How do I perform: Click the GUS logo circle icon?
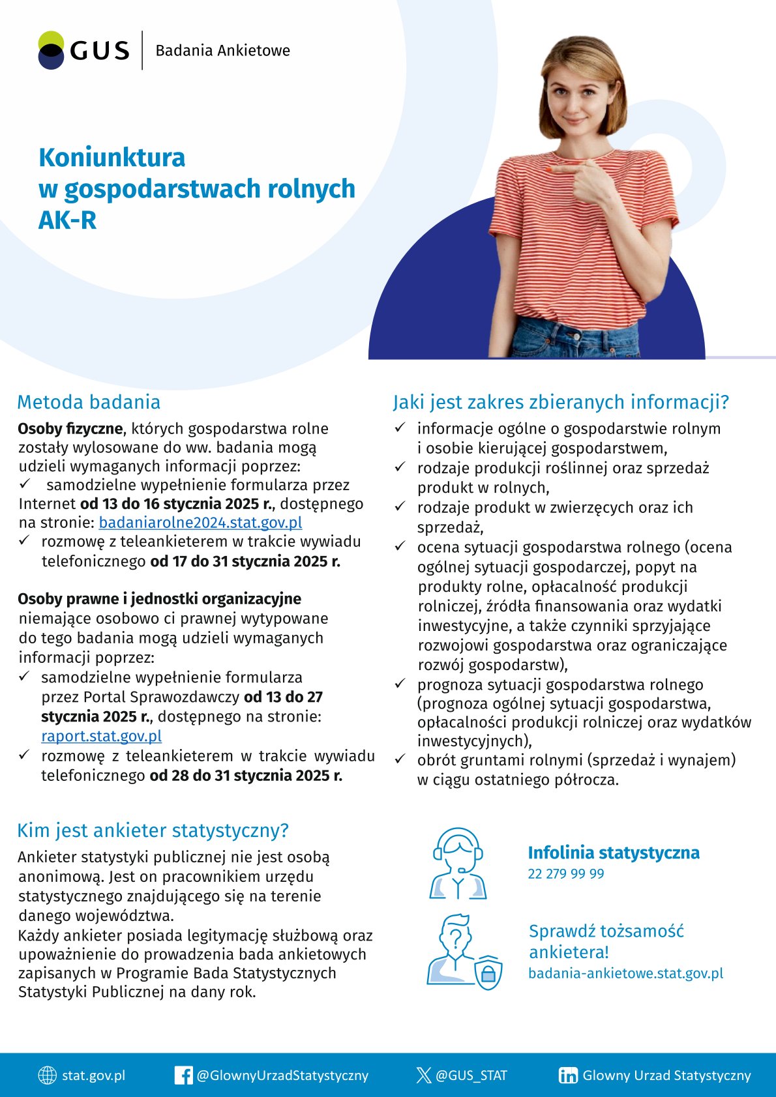pyautogui.click(x=51, y=50)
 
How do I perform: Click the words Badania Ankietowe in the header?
pyautogui.click(x=222, y=51)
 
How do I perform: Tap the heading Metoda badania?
pyautogui.click(x=89, y=402)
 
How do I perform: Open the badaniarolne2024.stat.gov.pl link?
pyautogui.click(x=200, y=523)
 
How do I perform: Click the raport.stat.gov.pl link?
pyautogui.click(x=101, y=737)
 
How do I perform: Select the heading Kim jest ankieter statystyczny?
pyautogui.click(x=153, y=830)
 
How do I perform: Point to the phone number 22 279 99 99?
pyautogui.click(x=565, y=874)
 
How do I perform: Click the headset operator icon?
pyautogui.click(x=458, y=864)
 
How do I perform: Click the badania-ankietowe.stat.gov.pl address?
pyautogui.click(x=625, y=974)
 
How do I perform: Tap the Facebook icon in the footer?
pyautogui.click(x=183, y=1075)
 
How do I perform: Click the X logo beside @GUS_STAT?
pyautogui.click(x=424, y=1075)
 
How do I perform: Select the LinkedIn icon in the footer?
pyautogui.click(x=567, y=1075)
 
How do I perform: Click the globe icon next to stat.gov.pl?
pyautogui.click(x=48, y=1075)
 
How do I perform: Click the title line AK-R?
pyautogui.click(x=67, y=220)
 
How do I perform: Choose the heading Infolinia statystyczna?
pyautogui.click(x=613, y=853)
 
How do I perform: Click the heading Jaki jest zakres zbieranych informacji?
pyautogui.click(x=560, y=402)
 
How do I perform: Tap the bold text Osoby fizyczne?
pyautogui.click(x=70, y=429)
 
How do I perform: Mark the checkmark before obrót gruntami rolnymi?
pyautogui.click(x=400, y=759)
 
